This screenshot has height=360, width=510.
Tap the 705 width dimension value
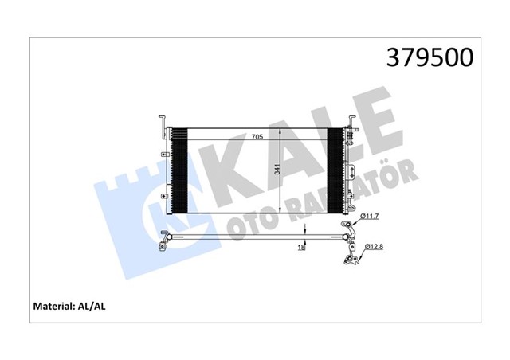[257, 137]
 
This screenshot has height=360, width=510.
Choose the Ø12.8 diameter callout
[375, 248]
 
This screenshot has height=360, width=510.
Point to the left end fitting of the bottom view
[165, 239]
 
